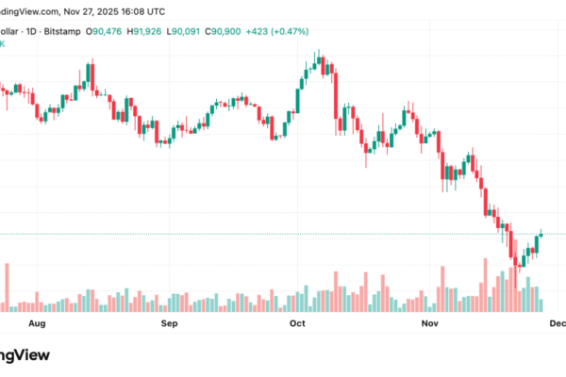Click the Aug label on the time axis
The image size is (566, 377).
pos(37,323)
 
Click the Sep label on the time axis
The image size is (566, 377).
pos(169,323)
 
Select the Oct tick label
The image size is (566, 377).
pos(297,323)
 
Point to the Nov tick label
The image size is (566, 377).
pos(430,323)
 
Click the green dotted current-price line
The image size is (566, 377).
pos(283,234)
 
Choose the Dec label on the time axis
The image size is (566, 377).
pos(557,323)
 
